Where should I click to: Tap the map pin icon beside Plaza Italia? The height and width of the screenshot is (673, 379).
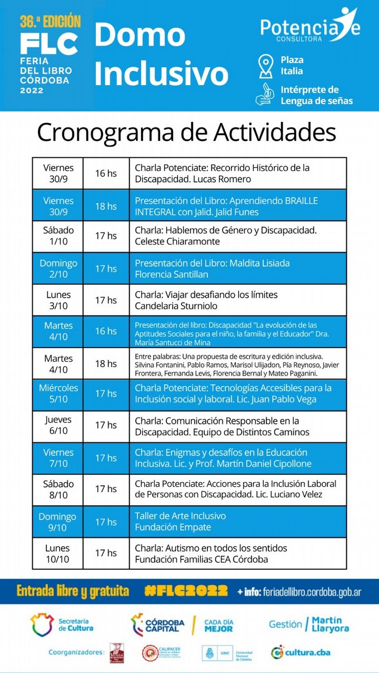[265, 66]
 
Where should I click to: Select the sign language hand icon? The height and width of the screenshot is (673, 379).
[265, 95]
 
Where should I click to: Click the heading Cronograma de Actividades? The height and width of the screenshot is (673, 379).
[186, 133]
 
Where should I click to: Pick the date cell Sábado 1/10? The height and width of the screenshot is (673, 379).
[58, 236]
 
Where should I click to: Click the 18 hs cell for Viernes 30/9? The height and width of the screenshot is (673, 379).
[106, 206]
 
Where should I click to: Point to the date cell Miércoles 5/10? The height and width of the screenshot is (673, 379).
[58, 394]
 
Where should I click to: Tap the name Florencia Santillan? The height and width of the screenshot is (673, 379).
[172, 274]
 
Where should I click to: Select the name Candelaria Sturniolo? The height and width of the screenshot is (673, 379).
[176, 306]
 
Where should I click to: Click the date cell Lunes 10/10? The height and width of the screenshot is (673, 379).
[57, 553]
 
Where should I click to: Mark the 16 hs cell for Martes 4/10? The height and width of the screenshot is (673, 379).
[106, 331]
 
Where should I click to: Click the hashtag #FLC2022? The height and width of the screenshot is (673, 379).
[186, 591]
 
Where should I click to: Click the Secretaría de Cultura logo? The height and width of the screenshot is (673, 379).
[62, 625]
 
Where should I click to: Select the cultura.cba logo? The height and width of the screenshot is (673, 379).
[301, 652]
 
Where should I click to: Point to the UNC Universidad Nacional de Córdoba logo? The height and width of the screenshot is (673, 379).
[227, 653]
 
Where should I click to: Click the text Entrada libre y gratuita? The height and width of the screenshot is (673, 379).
[73, 591]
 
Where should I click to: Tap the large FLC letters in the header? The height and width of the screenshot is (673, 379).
[49, 44]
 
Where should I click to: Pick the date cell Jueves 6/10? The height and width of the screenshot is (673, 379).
[58, 425]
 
